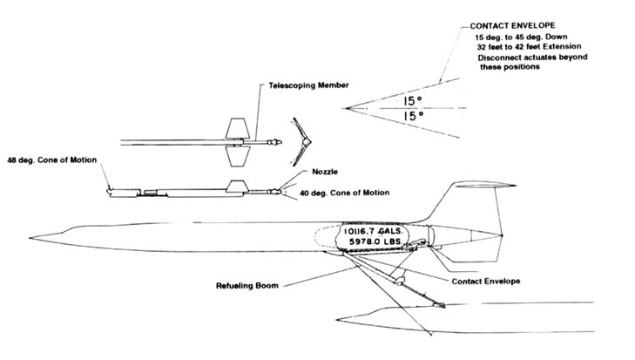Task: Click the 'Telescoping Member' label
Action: coord(311,85)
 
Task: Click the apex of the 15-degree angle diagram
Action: coord(347,107)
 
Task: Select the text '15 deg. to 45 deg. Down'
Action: coord(517,38)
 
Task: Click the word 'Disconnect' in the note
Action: coord(499,58)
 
